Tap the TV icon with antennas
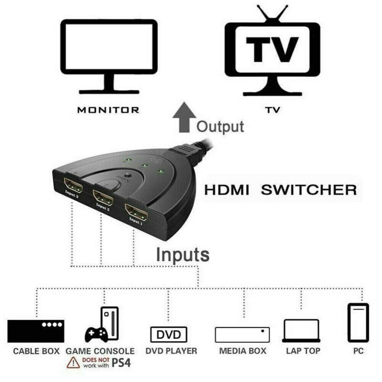tap(272, 53)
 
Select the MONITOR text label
tap(108, 110)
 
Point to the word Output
tap(220, 126)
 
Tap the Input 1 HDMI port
tap(136, 212)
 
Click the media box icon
tap(242, 335)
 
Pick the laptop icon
tap(301, 331)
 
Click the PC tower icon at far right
tap(358, 323)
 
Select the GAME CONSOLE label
tap(100, 351)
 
